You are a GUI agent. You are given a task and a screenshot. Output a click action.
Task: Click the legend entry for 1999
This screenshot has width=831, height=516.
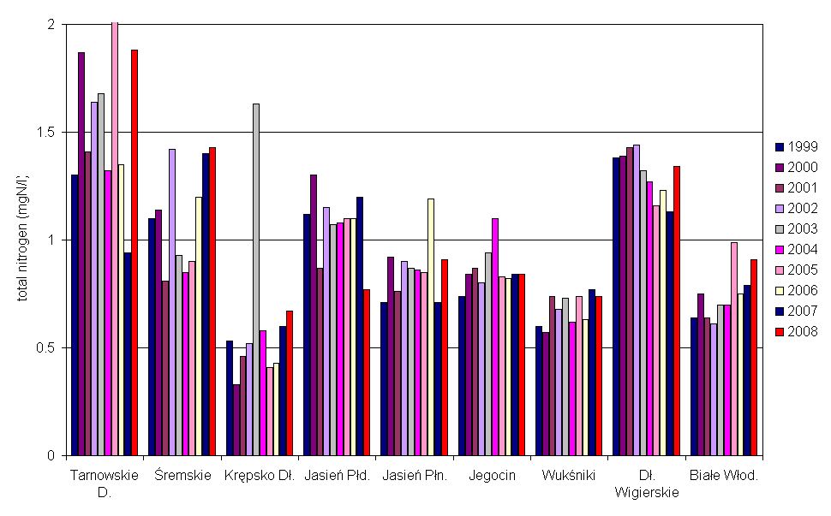point(797,146)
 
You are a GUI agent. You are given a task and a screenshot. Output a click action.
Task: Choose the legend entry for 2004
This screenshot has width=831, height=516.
point(797,249)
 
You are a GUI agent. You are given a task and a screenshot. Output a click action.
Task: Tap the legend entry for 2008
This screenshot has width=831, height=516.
point(797,331)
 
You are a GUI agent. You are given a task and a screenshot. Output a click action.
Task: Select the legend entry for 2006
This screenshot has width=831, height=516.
point(797,290)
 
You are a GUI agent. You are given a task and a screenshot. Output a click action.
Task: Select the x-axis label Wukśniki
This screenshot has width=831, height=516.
point(563,476)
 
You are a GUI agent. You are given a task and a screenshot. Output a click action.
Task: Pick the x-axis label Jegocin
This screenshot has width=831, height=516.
point(492,476)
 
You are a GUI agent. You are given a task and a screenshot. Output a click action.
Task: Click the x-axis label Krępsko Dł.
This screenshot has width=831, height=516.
point(260,476)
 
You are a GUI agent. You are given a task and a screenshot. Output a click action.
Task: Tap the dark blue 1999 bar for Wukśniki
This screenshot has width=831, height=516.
point(539,390)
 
